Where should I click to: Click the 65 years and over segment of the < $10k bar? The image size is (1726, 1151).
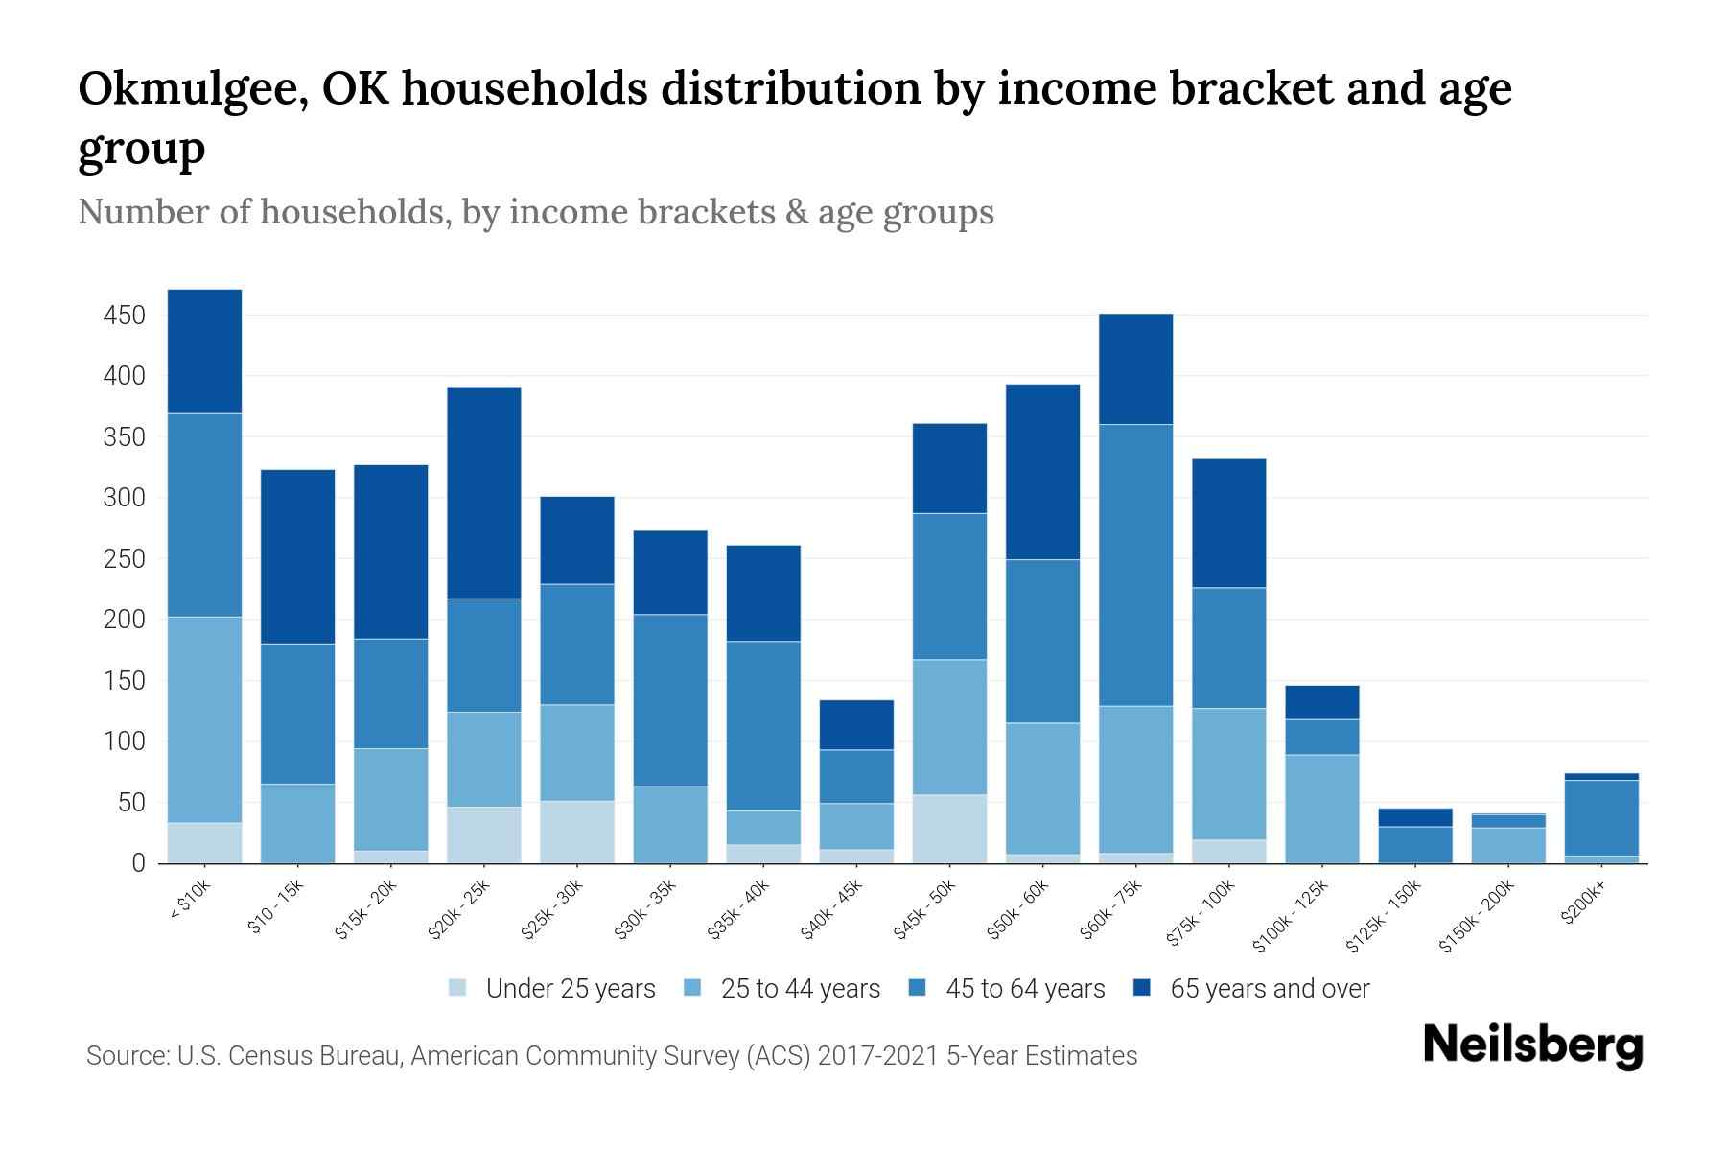204,351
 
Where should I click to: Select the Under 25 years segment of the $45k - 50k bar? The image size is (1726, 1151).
949,829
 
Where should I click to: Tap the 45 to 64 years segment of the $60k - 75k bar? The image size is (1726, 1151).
1135,565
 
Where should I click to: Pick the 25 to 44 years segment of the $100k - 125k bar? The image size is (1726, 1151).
1321,809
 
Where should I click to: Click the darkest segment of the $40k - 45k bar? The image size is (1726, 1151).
856,725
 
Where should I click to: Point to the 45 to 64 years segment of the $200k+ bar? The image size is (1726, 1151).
1601,817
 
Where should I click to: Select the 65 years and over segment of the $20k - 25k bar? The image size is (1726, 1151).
484,492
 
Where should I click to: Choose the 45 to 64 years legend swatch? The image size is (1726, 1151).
918,988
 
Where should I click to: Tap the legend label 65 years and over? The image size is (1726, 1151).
1270,989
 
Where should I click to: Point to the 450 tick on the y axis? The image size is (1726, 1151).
124,316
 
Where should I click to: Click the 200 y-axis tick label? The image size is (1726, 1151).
124,621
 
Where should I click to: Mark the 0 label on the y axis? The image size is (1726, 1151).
138,863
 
